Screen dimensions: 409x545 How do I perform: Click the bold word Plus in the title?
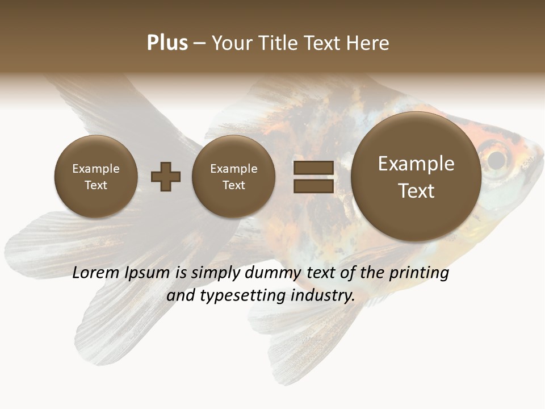pyautogui.click(x=167, y=43)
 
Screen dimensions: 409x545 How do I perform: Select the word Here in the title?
pyautogui.click(x=368, y=43)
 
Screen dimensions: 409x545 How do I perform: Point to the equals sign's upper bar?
pyautogui.click(x=313, y=168)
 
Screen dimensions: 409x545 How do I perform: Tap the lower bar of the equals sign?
pyautogui.click(x=313, y=186)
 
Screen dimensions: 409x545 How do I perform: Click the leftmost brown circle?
pyautogui.click(x=96, y=177)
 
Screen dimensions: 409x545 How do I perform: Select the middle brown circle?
pyautogui.click(x=233, y=177)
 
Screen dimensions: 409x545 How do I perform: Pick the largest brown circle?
pyautogui.click(x=416, y=177)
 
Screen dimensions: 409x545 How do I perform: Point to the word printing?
pyautogui.click(x=418, y=273)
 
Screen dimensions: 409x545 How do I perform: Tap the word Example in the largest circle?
pyautogui.click(x=416, y=164)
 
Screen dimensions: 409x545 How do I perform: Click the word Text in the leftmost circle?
pyautogui.click(x=96, y=185)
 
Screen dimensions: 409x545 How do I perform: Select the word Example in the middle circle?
pyautogui.click(x=233, y=169)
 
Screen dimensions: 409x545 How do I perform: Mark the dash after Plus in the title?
pyautogui.click(x=199, y=43)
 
